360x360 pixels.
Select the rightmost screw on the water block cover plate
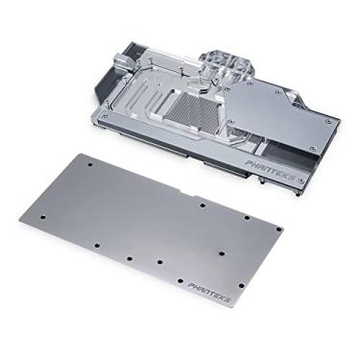[x=327, y=121]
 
